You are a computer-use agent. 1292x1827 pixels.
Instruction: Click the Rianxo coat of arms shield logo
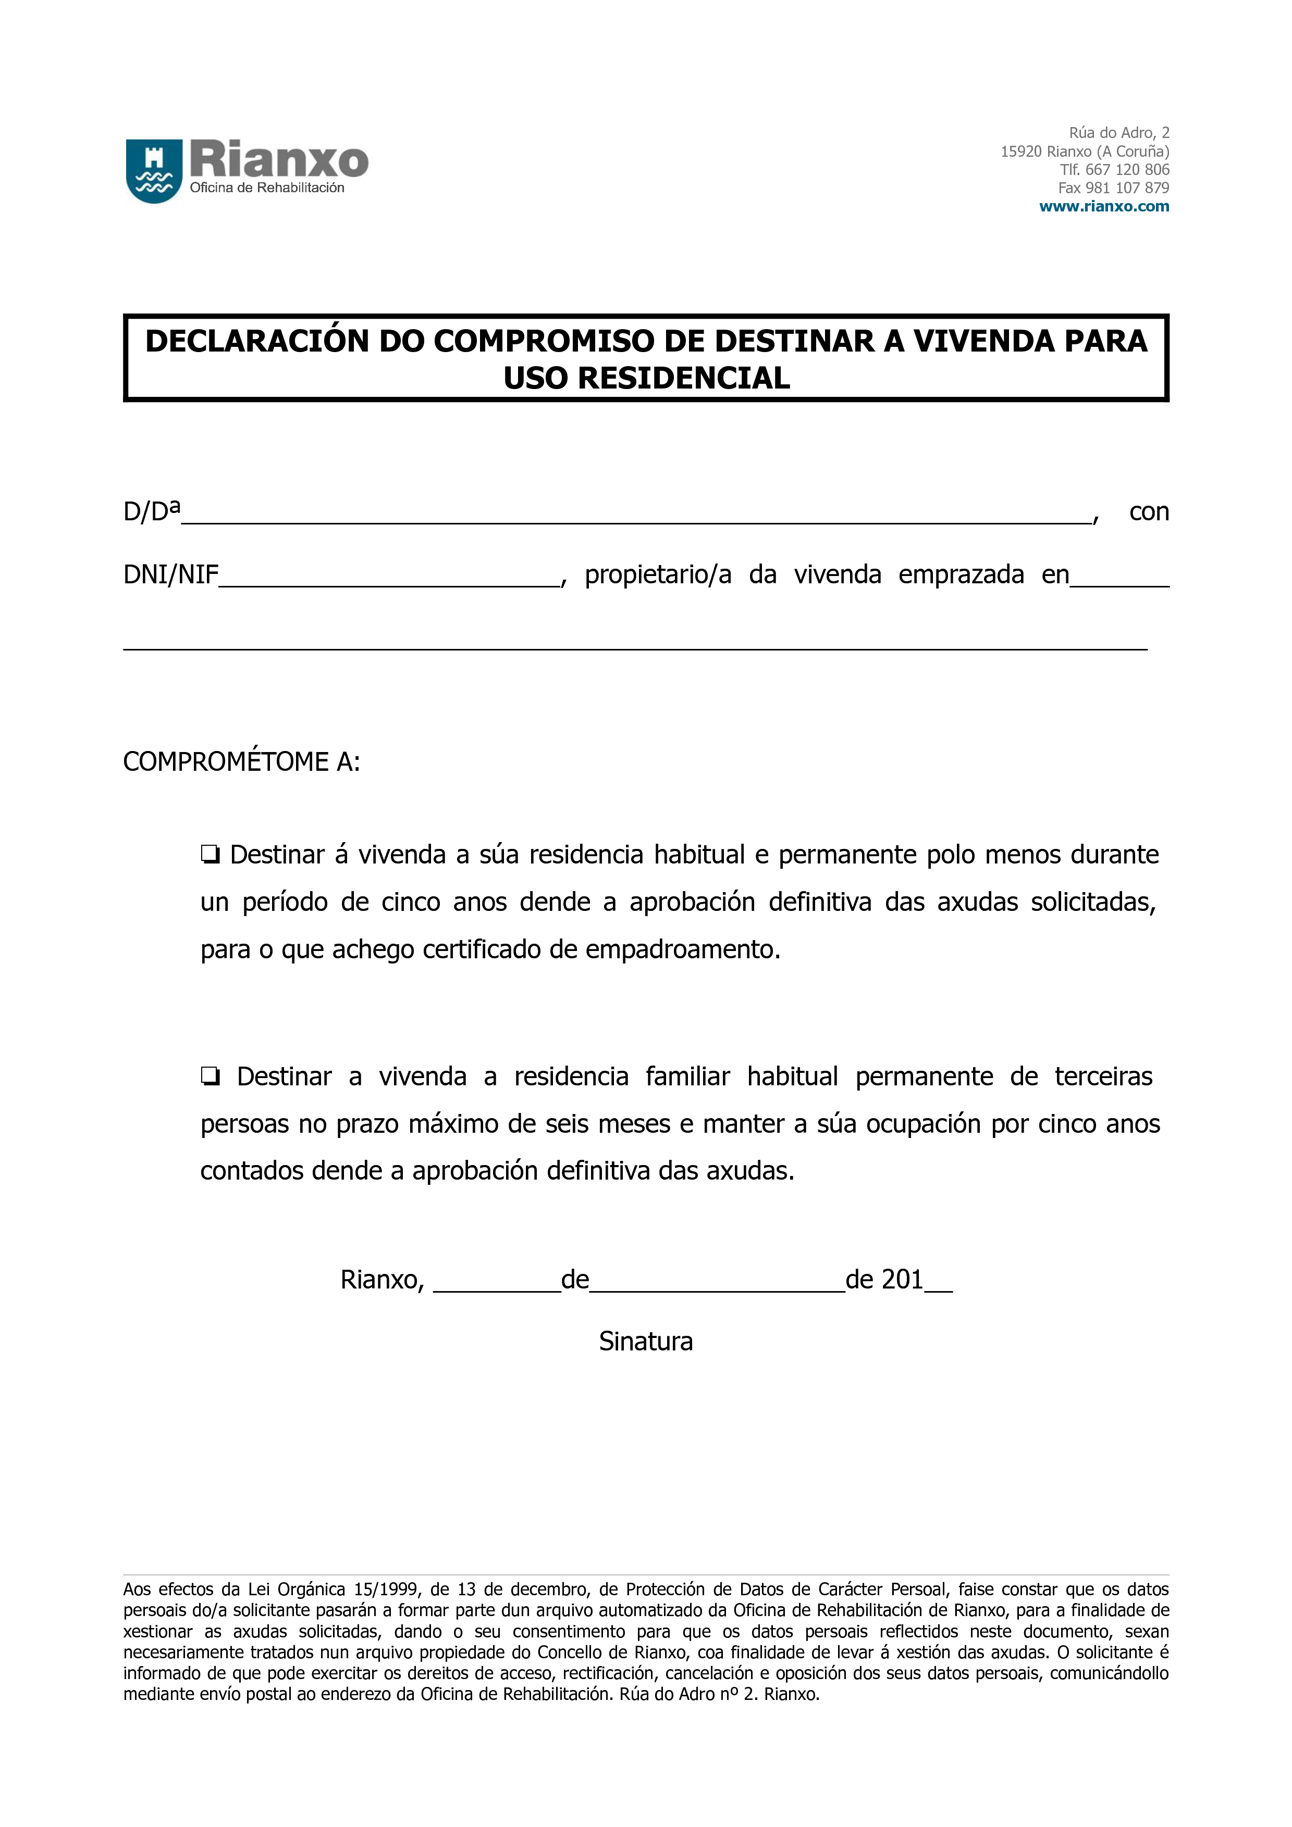point(154,170)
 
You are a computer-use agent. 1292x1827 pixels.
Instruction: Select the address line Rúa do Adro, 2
point(1118,133)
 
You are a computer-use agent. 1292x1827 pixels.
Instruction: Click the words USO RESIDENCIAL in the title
point(646,378)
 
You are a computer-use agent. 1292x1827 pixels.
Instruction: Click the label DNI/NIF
point(170,574)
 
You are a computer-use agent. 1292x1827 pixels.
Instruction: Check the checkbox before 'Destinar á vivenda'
point(210,855)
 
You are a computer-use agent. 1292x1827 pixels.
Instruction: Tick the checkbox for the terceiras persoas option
point(210,1077)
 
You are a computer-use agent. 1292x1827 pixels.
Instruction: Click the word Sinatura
point(646,1342)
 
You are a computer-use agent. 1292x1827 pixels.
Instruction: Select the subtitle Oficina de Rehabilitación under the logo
point(267,188)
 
